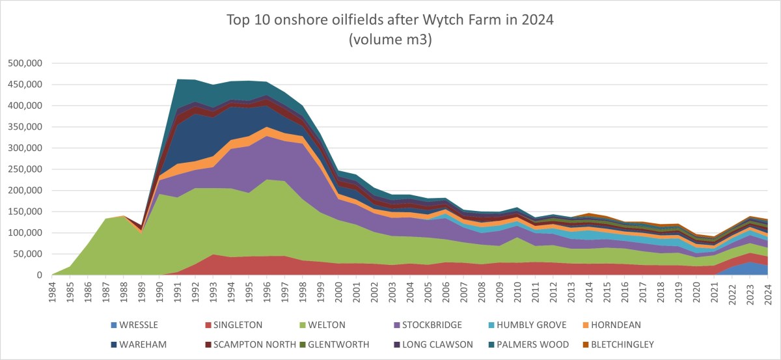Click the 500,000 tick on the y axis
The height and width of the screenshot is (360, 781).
coord(24,63)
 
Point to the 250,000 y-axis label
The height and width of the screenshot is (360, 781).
coord(24,169)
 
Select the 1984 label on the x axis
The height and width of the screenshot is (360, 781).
coord(53,290)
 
